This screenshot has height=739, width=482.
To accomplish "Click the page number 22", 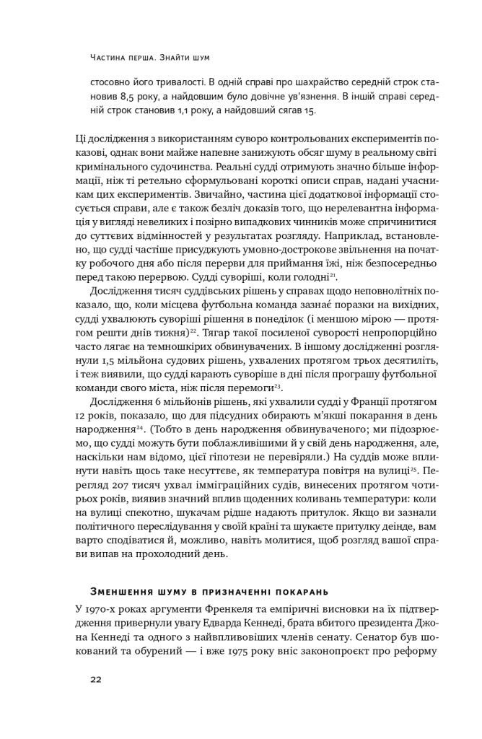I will pyautogui.click(x=97, y=679).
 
